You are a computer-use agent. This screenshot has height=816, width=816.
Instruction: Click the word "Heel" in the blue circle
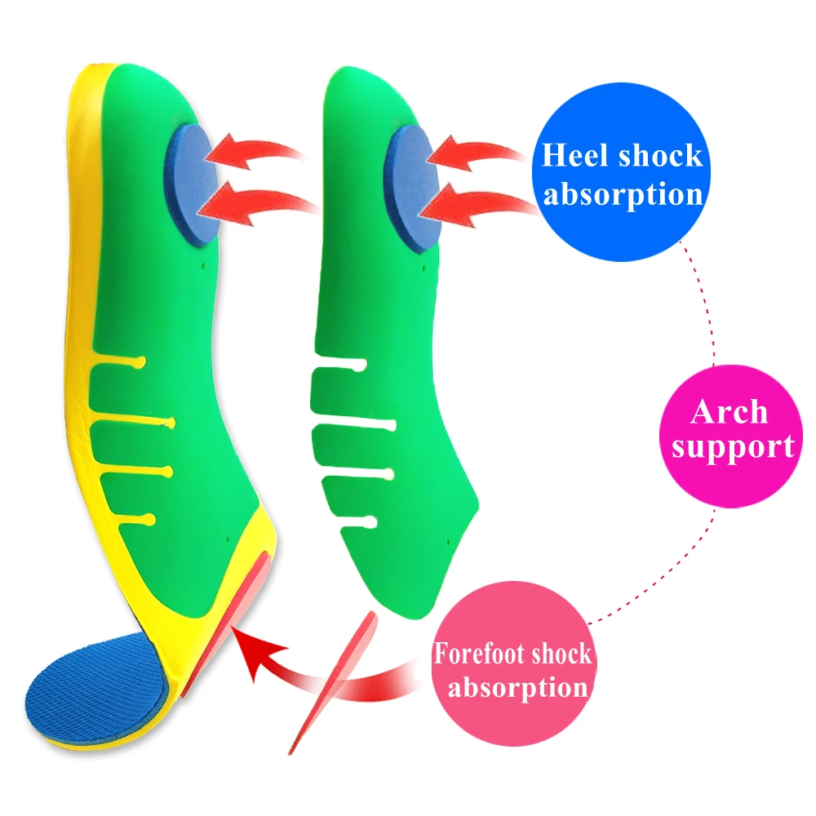tap(574, 155)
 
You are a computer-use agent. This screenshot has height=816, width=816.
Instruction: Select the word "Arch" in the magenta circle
tap(729, 412)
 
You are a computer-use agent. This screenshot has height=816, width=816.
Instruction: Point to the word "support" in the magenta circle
tap(733, 447)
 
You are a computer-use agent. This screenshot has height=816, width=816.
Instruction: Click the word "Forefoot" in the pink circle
tap(476, 653)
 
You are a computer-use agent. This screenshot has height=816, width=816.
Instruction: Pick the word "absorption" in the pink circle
tap(518, 688)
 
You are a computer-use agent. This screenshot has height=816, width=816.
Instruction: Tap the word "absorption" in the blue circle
tap(623, 195)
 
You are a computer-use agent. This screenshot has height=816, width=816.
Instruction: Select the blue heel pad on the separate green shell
tap(411, 188)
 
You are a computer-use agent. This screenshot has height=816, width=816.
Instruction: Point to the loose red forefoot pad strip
tap(333, 681)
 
